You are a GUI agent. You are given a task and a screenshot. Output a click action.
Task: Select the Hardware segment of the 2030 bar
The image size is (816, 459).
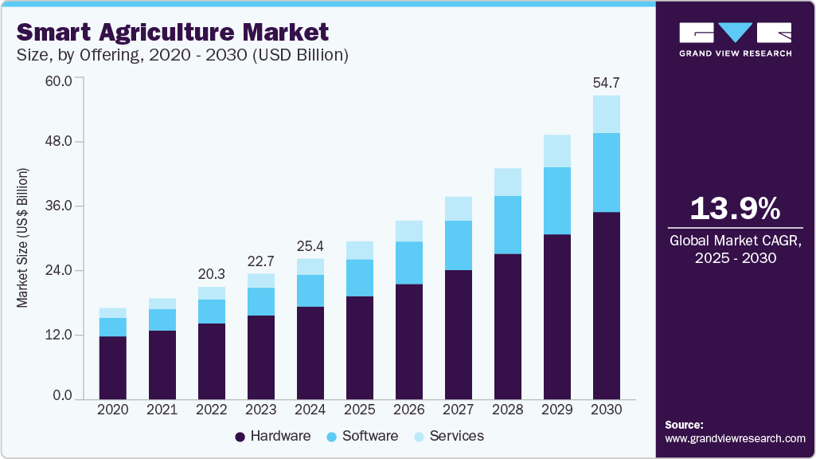607,305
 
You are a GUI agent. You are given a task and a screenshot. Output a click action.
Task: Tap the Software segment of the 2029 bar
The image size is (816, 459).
557,201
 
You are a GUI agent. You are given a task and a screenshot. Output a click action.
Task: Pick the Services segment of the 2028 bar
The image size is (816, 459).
508,182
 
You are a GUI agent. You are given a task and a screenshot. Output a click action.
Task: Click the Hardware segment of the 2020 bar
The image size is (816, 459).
113,367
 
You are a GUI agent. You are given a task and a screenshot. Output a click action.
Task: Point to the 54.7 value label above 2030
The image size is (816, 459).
607,83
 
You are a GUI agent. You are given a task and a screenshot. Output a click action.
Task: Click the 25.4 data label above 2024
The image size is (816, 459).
310,245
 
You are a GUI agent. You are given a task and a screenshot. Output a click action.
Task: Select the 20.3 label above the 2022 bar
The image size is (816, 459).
212,273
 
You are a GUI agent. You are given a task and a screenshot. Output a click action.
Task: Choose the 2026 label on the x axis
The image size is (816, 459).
409,409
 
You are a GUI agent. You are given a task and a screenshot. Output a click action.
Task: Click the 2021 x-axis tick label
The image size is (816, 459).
162,409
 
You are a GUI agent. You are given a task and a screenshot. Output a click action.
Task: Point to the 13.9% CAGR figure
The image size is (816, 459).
734,209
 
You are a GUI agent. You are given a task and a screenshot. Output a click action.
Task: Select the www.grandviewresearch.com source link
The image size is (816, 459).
735,438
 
